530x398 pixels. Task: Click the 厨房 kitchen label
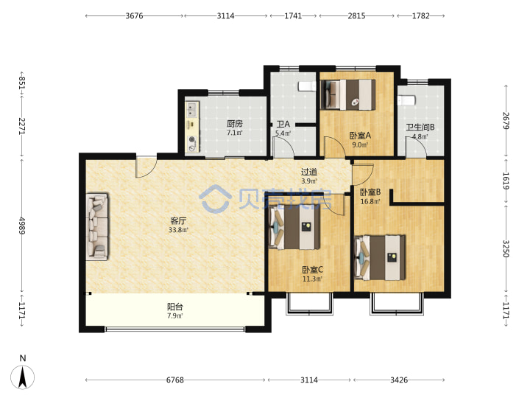tap(235, 124)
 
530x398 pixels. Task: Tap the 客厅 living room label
tap(178, 221)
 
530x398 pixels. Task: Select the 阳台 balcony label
tap(175, 307)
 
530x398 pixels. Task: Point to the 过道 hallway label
tap(309, 172)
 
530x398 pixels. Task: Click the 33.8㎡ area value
tap(178, 230)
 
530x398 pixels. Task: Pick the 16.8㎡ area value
tap(370, 202)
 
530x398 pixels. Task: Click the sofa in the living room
tap(97, 227)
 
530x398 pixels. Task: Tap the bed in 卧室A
tap(347, 94)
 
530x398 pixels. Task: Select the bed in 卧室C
tap(294, 228)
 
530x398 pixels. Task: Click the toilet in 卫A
tap(307, 86)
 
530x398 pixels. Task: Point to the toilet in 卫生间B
tap(406, 100)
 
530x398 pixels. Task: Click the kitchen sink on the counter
tap(192, 109)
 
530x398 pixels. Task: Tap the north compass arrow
tap(22, 377)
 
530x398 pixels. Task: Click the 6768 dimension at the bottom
tap(175, 380)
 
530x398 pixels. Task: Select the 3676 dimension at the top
tap(134, 16)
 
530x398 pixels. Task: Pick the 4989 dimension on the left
tap(21, 226)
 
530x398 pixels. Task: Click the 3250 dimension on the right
tap(506, 249)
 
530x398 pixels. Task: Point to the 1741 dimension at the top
tap(293, 16)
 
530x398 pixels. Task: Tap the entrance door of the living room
tap(146, 167)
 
